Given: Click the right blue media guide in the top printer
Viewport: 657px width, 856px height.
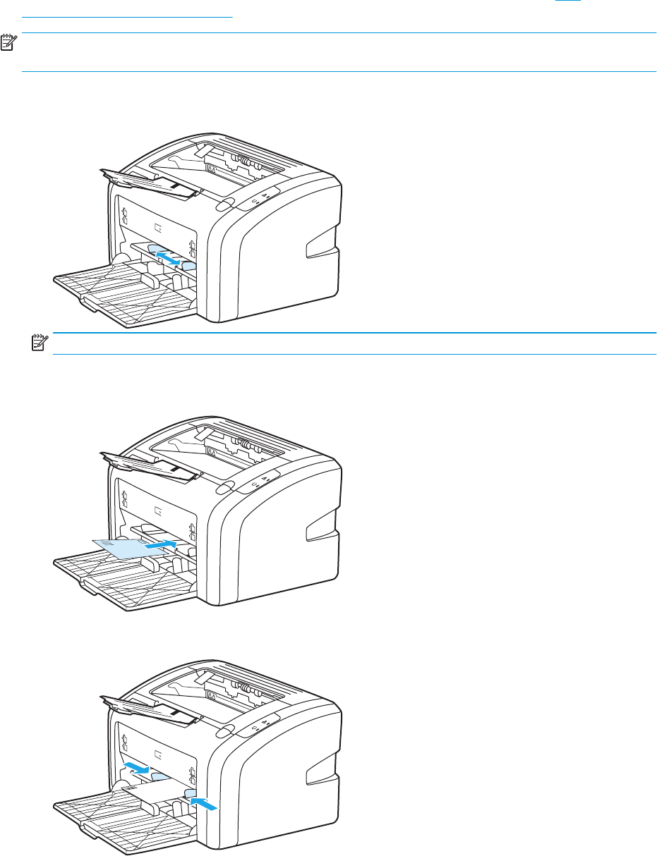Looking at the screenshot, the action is pyautogui.click(x=189, y=266).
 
